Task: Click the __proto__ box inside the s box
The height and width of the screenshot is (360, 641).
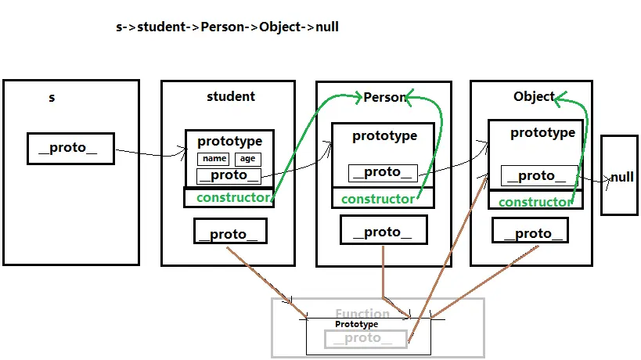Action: [x=70, y=149]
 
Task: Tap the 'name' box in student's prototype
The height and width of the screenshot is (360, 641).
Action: [x=213, y=159]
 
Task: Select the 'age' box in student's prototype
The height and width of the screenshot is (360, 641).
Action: [x=247, y=159]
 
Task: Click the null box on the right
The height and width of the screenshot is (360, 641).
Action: [x=621, y=177]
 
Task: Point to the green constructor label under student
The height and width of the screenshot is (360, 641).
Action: [x=232, y=197]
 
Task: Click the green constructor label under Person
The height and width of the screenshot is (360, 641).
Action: [x=377, y=199]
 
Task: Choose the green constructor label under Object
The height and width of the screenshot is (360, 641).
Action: [x=535, y=202]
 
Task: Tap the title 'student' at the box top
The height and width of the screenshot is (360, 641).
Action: [x=230, y=97]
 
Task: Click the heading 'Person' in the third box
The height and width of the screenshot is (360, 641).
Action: [x=384, y=98]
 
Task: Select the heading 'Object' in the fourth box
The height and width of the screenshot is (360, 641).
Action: [x=534, y=97]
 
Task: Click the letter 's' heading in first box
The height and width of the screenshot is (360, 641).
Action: [x=52, y=98]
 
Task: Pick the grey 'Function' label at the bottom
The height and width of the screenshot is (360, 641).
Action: [x=362, y=314]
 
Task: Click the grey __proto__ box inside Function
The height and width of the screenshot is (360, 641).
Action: [x=366, y=338]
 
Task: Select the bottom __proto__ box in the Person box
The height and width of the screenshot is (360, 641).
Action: [x=383, y=231]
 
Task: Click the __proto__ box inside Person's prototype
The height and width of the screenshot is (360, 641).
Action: [x=383, y=172]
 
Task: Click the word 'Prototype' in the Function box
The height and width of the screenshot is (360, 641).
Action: [x=356, y=324]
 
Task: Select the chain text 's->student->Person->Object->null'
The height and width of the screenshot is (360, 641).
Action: [x=227, y=27]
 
